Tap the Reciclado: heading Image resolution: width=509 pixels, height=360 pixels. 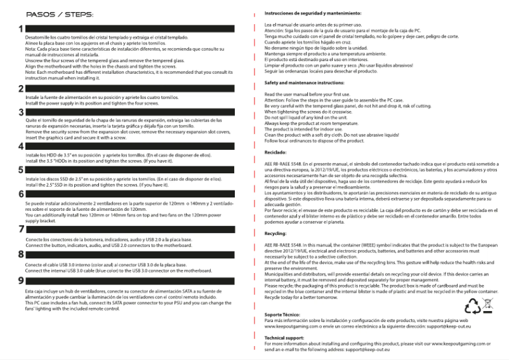coord(275,154)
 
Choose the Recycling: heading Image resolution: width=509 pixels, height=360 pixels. coord(276,234)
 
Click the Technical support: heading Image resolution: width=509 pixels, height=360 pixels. coord(284,338)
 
